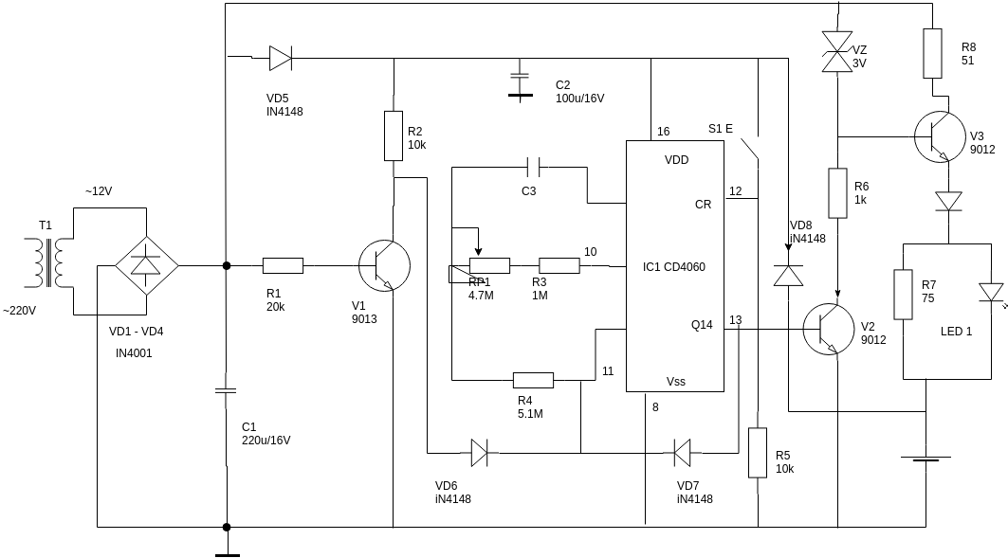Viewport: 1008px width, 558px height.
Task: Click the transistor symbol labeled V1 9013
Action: (384, 266)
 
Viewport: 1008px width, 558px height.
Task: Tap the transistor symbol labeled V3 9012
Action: (940, 136)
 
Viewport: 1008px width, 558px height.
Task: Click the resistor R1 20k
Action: (283, 266)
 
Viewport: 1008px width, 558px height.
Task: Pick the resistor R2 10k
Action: (394, 135)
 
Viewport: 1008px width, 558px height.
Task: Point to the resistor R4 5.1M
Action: (533, 380)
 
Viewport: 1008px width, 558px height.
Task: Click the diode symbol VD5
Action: (280, 59)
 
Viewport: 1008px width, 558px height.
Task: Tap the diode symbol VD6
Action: (479, 453)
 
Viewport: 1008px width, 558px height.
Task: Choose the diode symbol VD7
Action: (682, 453)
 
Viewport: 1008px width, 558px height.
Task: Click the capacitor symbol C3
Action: (536, 168)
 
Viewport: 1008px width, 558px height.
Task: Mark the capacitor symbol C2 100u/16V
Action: (519, 83)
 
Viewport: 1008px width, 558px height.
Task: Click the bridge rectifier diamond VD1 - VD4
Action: (146, 266)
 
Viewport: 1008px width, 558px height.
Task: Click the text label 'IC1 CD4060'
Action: (673, 267)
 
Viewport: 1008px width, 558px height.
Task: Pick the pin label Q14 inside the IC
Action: (701, 325)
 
